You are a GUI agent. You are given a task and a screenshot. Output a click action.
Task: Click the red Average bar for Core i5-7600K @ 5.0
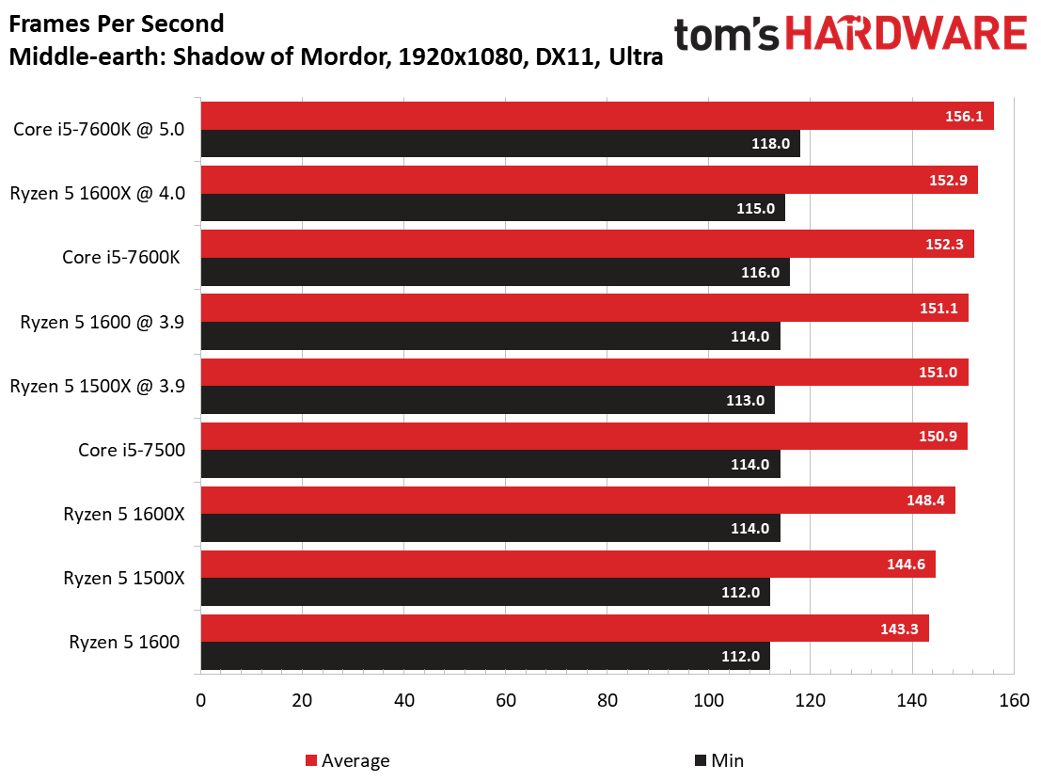[x=597, y=116]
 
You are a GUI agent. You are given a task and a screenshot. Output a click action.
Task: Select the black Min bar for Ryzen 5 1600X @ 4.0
[x=493, y=208]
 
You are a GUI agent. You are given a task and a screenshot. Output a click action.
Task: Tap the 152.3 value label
[x=944, y=245]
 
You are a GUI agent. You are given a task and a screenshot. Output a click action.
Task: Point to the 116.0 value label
[x=760, y=272]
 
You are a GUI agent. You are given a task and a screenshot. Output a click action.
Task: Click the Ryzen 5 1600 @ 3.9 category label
[x=103, y=322]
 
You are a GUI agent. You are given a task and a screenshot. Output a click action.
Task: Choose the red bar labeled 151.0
[x=584, y=372]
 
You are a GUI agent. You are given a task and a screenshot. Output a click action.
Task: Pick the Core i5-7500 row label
[x=132, y=451]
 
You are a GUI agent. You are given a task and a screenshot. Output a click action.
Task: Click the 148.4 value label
[x=925, y=500]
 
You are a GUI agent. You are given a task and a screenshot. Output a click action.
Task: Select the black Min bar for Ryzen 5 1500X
[x=485, y=592]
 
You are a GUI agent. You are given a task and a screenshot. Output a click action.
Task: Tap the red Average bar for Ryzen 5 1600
[x=565, y=629]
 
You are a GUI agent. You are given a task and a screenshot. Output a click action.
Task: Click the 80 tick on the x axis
[x=607, y=701]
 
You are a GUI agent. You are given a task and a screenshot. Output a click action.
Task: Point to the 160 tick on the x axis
[x=1014, y=701]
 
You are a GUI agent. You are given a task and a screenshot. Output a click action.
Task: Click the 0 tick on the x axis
[x=200, y=701]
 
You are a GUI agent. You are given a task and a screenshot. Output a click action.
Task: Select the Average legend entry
[x=348, y=760]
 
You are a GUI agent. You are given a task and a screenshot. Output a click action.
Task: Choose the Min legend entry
[x=719, y=760]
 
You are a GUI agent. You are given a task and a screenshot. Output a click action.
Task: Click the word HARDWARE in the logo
[x=907, y=34]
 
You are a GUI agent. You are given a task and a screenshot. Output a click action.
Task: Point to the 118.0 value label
[x=770, y=143]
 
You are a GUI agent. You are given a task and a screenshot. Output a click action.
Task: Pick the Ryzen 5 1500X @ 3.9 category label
[x=97, y=387]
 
